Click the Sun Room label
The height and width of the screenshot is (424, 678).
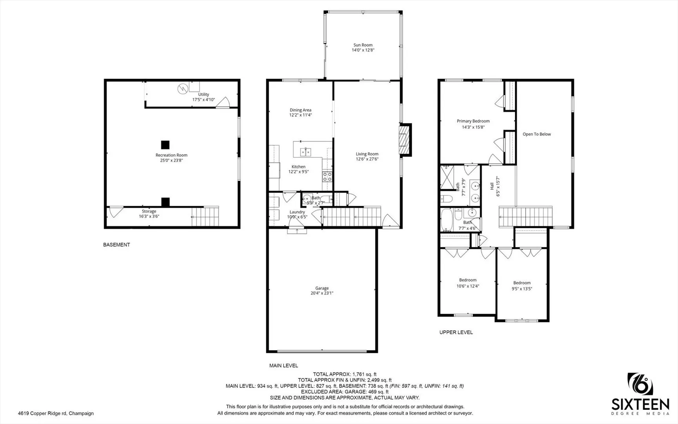pyautogui.click(x=363, y=45)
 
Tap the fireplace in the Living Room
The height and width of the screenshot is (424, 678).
pyautogui.click(x=404, y=140)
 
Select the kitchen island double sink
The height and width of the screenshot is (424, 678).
pyautogui.click(x=306, y=152)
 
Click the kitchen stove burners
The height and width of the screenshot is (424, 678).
pyautogui.click(x=327, y=177)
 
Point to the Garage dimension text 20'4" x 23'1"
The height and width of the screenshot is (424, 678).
pyautogui.click(x=322, y=293)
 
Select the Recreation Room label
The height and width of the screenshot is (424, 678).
pyautogui.click(x=171, y=155)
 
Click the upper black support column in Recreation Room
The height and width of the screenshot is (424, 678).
pyautogui.click(x=165, y=144)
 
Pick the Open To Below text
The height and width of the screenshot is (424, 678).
pyautogui.click(x=536, y=134)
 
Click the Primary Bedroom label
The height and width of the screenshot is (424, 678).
pyautogui.click(x=473, y=121)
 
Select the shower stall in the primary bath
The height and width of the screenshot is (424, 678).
pyautogui.click(x=447, y=177)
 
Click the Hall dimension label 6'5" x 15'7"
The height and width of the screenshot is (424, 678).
pyautogui.click(x=498, y=186)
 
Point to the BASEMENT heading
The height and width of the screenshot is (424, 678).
pyautogui.click(x=116, y=245)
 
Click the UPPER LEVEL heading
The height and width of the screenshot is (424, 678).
pyautogui.click(x=456, y=333)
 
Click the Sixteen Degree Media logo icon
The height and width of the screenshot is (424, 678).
pyautogui.click(x=640, y=384)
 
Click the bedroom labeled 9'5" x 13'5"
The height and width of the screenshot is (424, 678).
pyautogui.click(x=522, y=286)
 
